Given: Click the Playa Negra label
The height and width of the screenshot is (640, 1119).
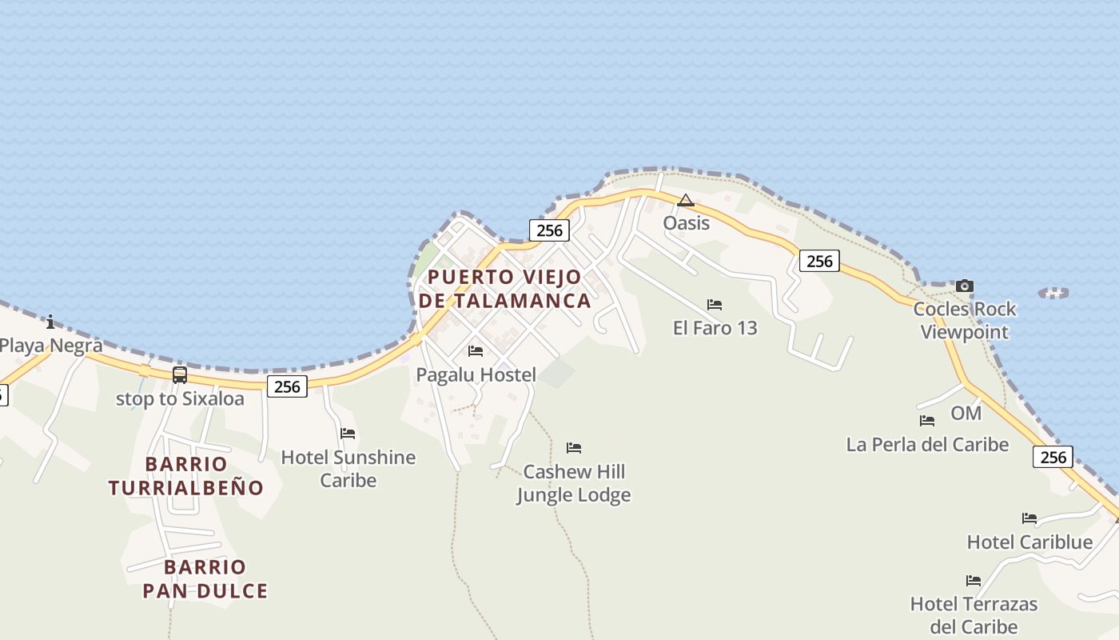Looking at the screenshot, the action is tap(51, 346).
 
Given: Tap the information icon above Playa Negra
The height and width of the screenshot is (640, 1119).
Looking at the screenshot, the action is tap(51, 322).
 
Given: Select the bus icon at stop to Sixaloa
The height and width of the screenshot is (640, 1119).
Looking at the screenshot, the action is tap(180, 374).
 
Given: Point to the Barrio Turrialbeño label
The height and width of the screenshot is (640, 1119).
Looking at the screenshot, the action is tap(186, 475).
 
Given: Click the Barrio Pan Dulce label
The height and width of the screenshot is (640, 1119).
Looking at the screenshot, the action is tap(205, 579).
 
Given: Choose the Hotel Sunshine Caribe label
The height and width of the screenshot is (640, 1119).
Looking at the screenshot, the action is tap(348, 468).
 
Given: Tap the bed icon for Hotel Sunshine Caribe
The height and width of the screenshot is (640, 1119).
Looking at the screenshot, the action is tap(348, 434).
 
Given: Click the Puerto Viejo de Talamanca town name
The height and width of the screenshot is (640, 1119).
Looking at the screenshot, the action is tap(505, 289).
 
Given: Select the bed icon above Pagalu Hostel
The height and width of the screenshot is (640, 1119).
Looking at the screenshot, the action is tap(476, 350).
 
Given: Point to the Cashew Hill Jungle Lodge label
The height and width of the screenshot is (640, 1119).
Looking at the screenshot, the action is tap(574, 483).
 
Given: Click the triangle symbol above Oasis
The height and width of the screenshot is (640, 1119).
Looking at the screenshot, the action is tap(686, 200).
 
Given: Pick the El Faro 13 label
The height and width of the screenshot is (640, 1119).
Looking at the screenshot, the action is tap(715, 327).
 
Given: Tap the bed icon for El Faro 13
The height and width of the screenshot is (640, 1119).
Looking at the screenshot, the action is tap(715, 304).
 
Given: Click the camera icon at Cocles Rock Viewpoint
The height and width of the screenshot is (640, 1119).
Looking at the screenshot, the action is tap(965, 286).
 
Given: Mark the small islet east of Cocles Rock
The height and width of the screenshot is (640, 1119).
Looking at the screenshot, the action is tap(1053, 293).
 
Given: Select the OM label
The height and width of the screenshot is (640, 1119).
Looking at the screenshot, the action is tap(966, 413).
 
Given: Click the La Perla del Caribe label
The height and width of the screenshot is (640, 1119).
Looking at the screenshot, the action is tap(927, 444).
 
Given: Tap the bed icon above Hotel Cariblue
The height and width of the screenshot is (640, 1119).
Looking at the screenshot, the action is tap(1029, 518).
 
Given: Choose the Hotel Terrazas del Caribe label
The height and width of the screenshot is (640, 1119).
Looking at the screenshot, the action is tap(974, 614).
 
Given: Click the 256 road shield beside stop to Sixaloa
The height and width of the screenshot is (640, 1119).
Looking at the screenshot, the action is tap(287, 387).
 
